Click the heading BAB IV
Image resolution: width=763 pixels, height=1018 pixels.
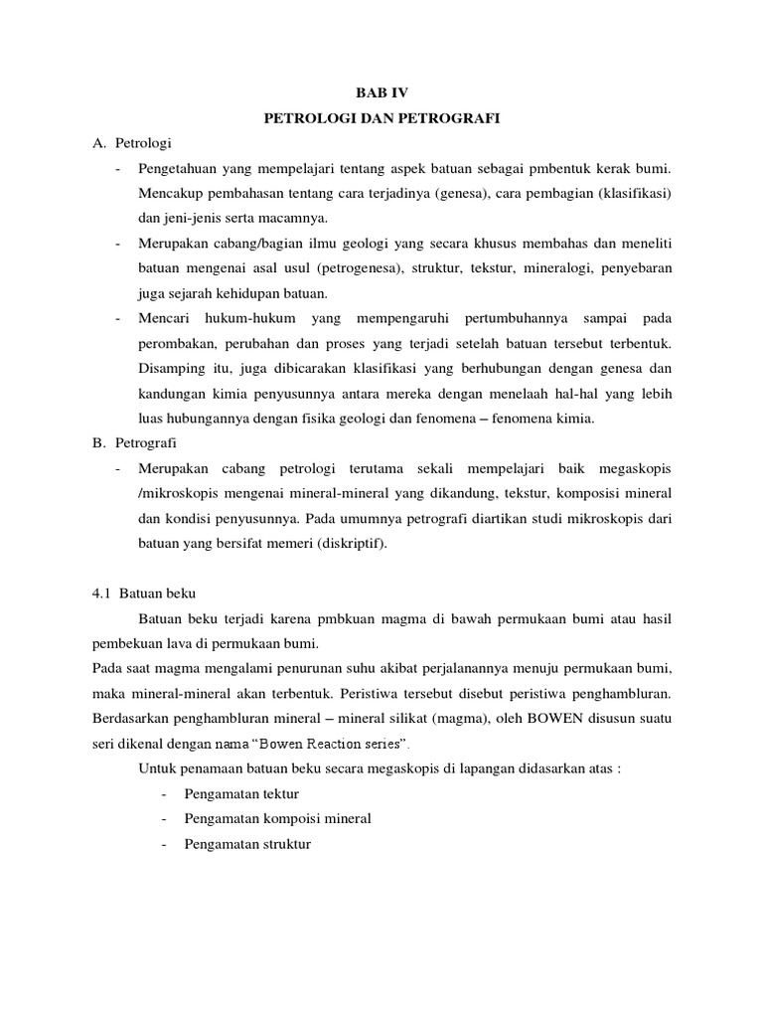click(x=381, y=92)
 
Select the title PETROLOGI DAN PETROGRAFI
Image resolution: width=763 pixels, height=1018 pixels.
click(x=381, y=118)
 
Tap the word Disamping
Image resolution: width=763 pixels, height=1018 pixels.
click(x=171, y=369)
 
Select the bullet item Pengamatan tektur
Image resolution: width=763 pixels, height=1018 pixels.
click(x=240, y=794)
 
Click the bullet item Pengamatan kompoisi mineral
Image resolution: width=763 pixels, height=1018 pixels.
click(x=277, y=819)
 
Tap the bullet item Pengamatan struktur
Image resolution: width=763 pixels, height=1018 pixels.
click(x=247, y=844)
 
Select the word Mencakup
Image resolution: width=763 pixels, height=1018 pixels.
click(x=168, y=193)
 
